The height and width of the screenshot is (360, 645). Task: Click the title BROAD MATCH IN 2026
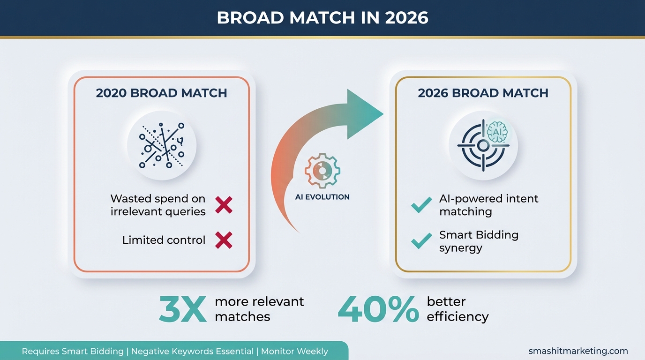point(322,18)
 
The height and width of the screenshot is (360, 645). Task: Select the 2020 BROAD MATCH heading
point(161,93)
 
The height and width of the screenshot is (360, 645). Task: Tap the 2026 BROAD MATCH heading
point(483,93)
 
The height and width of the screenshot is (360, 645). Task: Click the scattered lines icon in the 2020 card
point(162,145)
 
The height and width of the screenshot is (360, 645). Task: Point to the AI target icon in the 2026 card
point(483,145)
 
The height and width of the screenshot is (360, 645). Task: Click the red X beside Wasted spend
point(224,205)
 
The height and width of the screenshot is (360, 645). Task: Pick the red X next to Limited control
point(224,240)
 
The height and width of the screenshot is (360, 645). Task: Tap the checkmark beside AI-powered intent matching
point(421,205)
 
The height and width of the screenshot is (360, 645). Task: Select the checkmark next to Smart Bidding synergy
point(421,241)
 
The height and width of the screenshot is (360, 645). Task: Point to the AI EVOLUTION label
point(322,197)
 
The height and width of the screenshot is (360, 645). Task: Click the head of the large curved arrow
point(363,114)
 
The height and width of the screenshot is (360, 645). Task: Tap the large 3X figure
point(183,309)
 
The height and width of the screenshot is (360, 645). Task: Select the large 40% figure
point(378,309)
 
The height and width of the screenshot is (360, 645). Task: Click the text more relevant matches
point(259,309)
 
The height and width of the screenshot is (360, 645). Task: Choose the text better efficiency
point(457,309)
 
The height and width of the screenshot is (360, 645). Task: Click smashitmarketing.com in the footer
point(578,351)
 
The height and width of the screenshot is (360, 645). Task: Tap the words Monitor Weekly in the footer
point(294,351)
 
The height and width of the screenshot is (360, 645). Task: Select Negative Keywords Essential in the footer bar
point(192,351)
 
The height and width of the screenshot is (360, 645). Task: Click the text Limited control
point(164,240)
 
